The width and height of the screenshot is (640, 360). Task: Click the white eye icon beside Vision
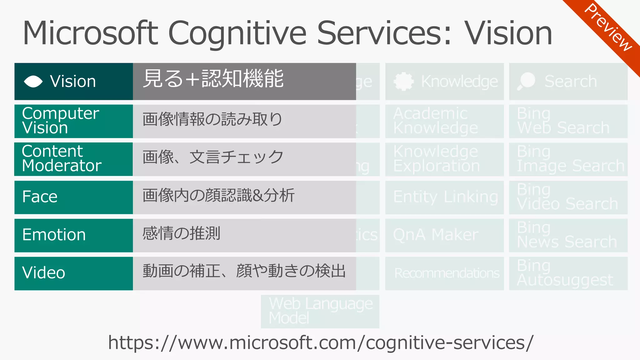(x=33, y=82)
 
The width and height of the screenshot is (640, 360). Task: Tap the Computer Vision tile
(x=74, y=121)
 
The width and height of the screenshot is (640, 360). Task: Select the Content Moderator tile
(x=74, y=159)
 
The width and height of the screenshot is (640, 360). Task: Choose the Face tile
(x=74, y=197)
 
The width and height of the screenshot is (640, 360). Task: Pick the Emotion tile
(x=74, y=235)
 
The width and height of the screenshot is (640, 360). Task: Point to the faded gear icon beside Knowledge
(x=403, y=82)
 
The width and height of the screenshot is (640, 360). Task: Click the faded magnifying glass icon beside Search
(x=526, y=81)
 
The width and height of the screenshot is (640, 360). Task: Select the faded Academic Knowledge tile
(x=444, y=121)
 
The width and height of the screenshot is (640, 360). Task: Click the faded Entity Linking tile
(x=444, y=197)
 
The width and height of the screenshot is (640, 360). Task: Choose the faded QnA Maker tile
(x=444, y=235)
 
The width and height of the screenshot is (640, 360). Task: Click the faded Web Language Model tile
(x=320, y=311)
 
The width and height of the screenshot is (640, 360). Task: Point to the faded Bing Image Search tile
(x=568, y=159)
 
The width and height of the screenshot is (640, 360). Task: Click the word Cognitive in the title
(x=237, y=34)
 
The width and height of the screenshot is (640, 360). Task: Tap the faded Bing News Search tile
(x=568, y=235)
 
